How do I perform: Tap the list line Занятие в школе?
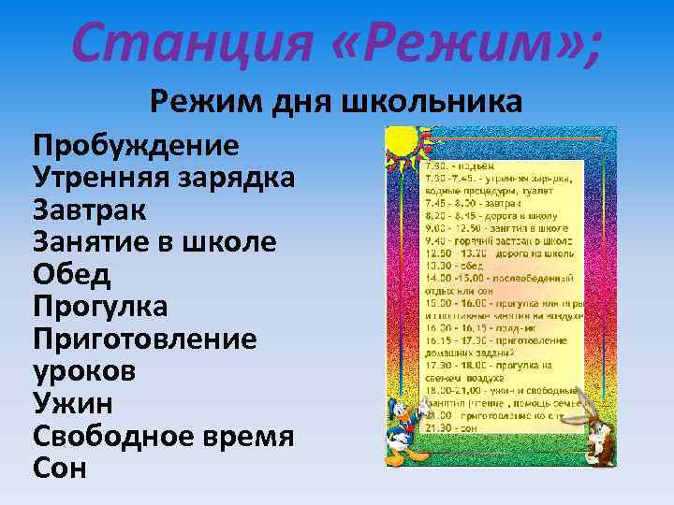154,241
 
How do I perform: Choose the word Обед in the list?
72,274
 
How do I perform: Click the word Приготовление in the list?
145,338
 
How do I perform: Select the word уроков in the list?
84,370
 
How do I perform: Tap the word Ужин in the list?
74,402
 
